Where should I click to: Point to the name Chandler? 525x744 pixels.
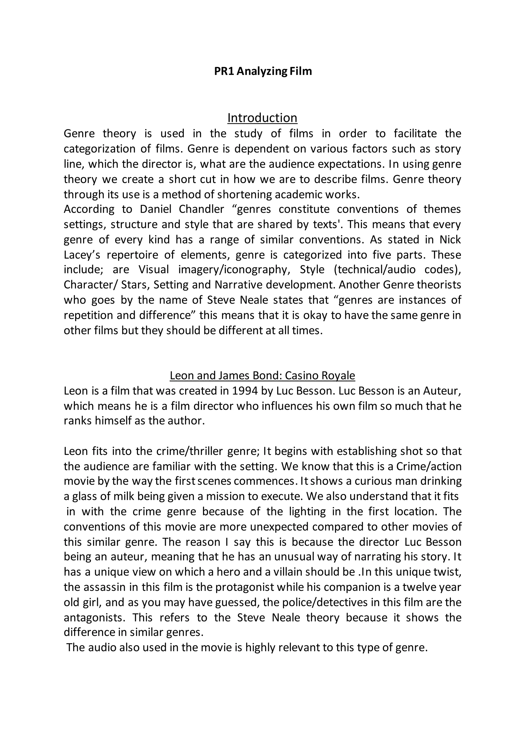coord(201,209)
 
